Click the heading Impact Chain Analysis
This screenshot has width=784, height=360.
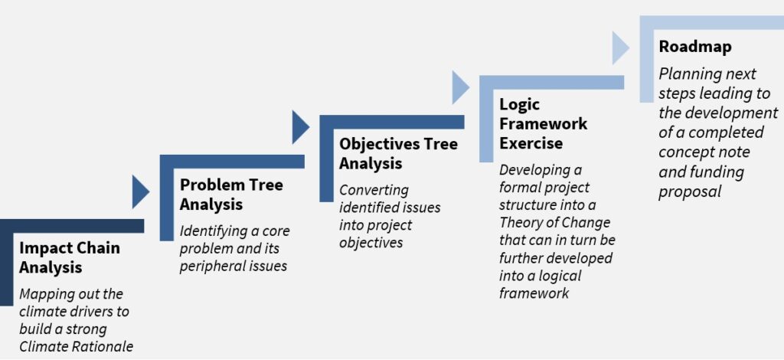pyautogui.click(x=70, y=257)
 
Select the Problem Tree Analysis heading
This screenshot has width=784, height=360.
pyautogui.click(x=231, y=194)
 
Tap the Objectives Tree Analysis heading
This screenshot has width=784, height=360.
pyautogui.click(x=398, y=153)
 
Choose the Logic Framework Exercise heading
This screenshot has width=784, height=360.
pyautogui.click(x=544, y=124)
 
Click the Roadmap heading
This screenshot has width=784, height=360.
pyautogui.click(x=695, y=47)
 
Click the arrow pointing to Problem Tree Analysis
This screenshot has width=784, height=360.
pyautogui.click(x=140, y=191)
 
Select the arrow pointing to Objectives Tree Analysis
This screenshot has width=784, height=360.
pyautogui.click(x=300, y=127)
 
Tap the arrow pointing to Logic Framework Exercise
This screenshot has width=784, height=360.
pyautogui.click(x=460, y=87)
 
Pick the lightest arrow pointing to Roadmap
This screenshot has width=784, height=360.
pyautogui.click(x=620, y=47)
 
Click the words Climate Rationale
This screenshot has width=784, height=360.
pyautogui.click(x=77, y=346)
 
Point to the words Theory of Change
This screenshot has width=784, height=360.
pyautogui.click(x=554, y=222)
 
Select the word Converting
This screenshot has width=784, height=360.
pyautogui.click(x=374, y=191)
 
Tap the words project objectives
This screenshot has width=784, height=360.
pyautogui.click(x=375, y=234)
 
